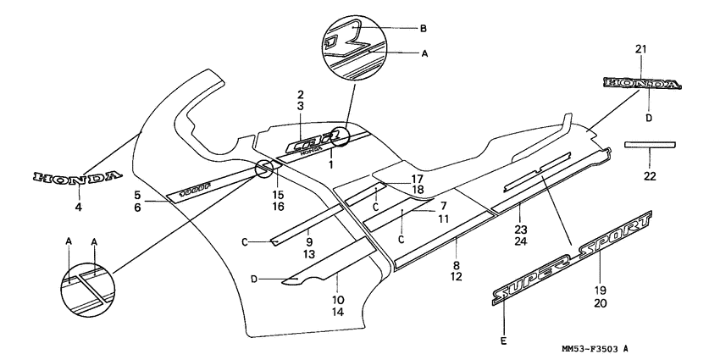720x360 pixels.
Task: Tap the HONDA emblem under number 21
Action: [x=641, y=84]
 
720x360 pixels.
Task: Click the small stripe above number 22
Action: [x=649, y=145]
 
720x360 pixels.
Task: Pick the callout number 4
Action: [x=79, y=206]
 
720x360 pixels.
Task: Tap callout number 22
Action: [x=650, y=176]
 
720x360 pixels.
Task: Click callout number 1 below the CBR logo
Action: [x=330, y=161]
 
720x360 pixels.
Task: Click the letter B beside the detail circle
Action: [x=424, y=28]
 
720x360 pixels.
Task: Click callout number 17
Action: [x=417, y=179]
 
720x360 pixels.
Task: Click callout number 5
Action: [x=136, y=195]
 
